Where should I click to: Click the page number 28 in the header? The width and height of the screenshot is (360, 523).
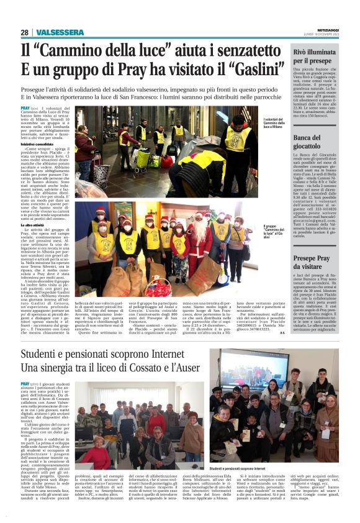click(24, 32)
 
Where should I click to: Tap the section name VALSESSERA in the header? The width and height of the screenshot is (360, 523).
click(60, 32)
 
